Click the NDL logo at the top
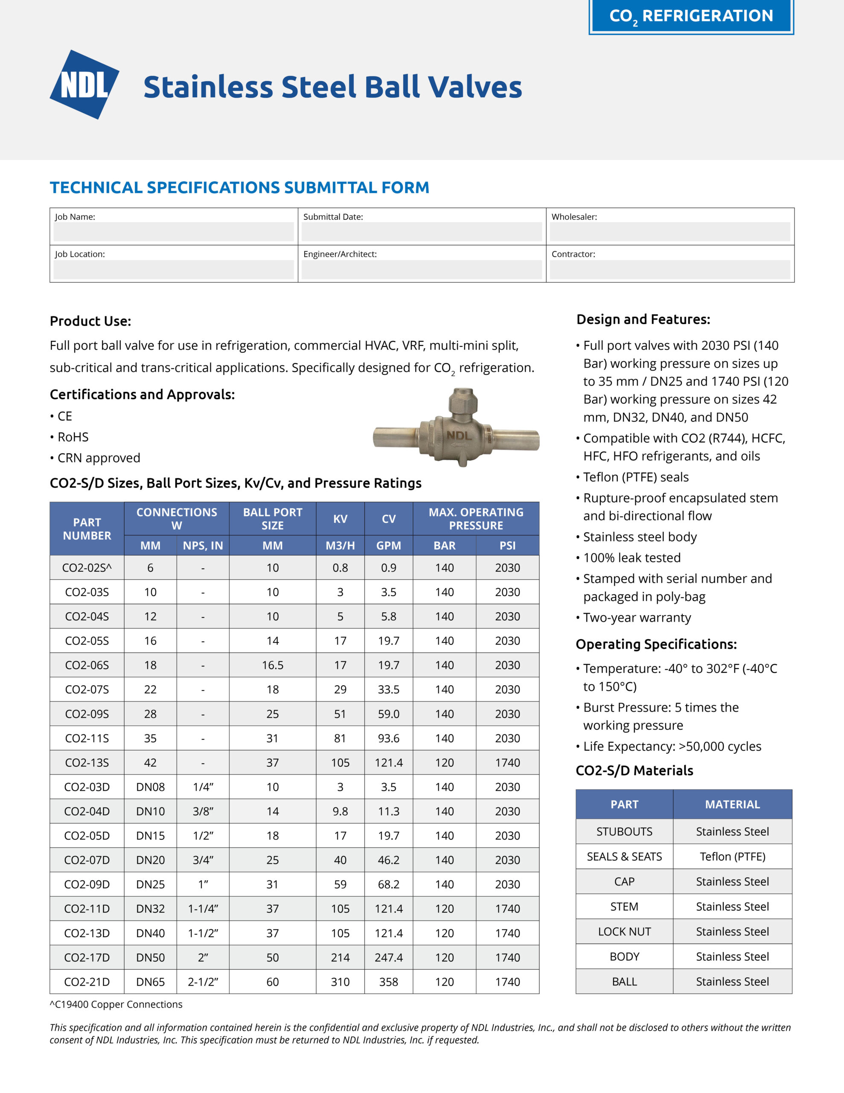point(84,85)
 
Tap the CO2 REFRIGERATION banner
point(691,16)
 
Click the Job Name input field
point(173,232)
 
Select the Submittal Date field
point(421,232)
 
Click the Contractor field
point(669,269)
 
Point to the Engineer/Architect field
point(421,269)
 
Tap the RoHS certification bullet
point(73,437)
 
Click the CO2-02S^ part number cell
point(87,567)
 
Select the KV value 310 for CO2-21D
point(340,982)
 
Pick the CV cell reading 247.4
point(389,957)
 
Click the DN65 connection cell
point(150,982)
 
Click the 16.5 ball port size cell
point(273,665)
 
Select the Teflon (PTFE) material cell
point(733,856)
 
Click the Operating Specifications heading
point(656,644)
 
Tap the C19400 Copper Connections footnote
point(116,1005)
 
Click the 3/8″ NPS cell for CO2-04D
point(203,811)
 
